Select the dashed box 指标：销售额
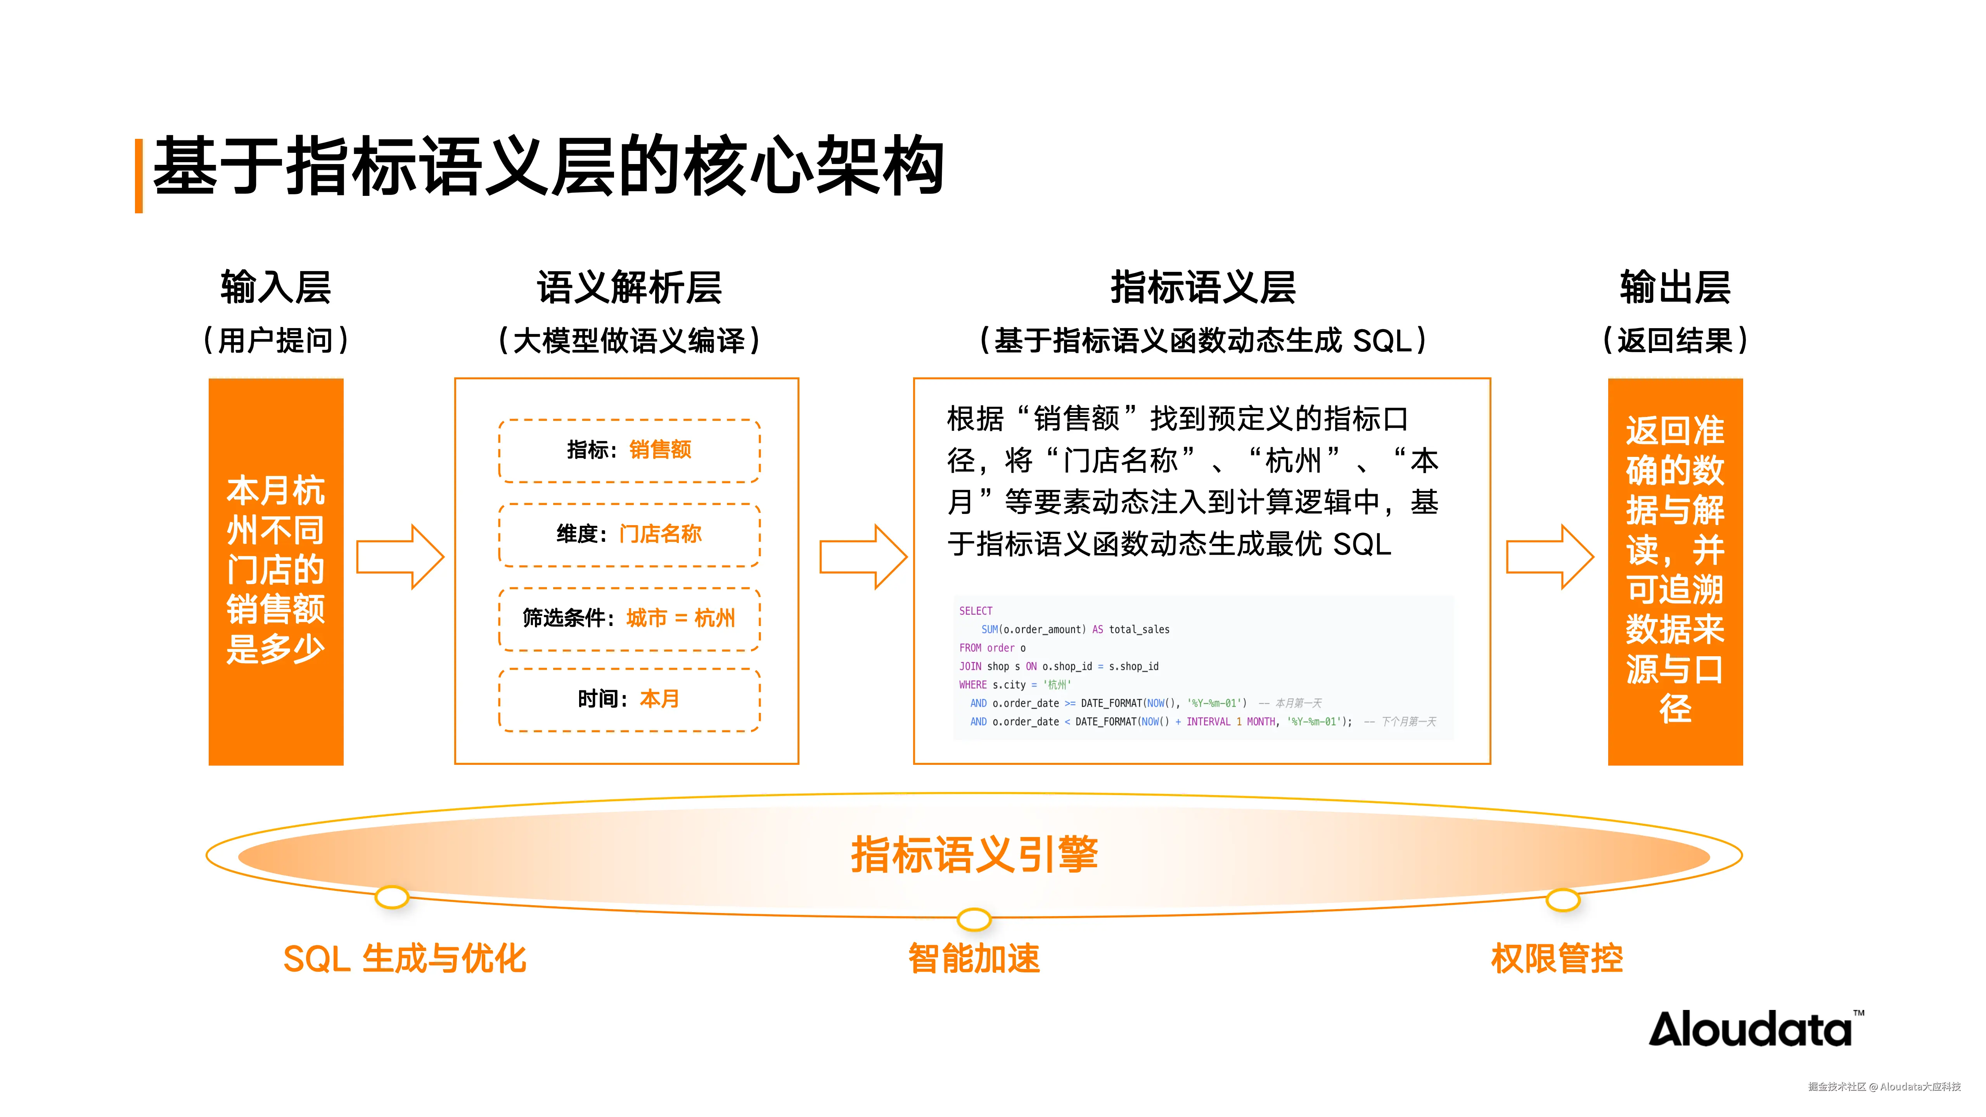point(629,450)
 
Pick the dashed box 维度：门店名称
point(629,534)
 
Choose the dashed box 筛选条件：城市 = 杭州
point(629,618)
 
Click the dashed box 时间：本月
point(629,699)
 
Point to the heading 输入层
point(275,287)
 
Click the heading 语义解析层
point(629,287)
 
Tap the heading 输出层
point(1675,287)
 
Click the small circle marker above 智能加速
point(974,919)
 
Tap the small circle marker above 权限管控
point(1563,900)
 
